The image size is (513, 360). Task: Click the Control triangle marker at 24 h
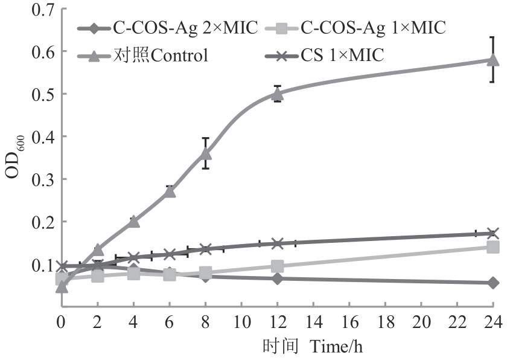click(492, 59)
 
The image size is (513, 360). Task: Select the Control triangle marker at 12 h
click(277, 93)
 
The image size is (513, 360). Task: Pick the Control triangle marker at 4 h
click(133, 222)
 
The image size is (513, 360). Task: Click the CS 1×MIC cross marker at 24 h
click(492, 233)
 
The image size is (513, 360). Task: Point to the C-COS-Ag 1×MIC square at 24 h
click(492, 247)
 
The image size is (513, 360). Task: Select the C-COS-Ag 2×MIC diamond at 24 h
click(492, 283)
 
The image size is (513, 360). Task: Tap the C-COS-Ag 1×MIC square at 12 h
click(277, 266)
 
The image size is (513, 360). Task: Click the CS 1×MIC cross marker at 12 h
click(277, 243)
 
